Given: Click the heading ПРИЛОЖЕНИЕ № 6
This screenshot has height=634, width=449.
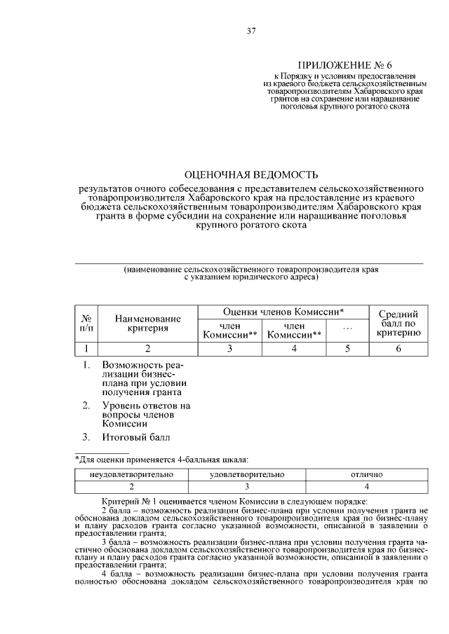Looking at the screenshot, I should click(340, 63).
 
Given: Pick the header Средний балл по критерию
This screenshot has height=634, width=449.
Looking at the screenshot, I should click(398, 323).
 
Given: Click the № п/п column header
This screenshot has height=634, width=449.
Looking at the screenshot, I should click(86, 323).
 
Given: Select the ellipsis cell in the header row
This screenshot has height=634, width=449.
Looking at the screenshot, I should click(347, 329).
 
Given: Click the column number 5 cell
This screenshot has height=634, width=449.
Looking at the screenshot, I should click(347, 348).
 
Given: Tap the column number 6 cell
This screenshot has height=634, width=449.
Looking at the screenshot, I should click(398, 348).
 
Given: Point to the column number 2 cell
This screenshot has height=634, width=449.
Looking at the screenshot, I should click(147, 348).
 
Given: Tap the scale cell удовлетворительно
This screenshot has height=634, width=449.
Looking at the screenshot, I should click(247, 474).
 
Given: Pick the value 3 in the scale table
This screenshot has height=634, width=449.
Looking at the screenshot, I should click(247, 486).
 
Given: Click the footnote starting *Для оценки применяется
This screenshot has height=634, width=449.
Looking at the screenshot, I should click(161, 459).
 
